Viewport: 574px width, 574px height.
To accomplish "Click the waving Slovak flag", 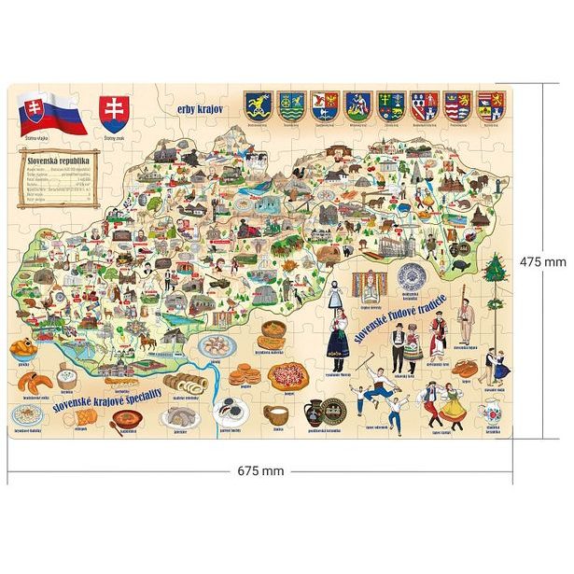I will click(50, 116).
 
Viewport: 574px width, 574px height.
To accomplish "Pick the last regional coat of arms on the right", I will click(491, 105).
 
